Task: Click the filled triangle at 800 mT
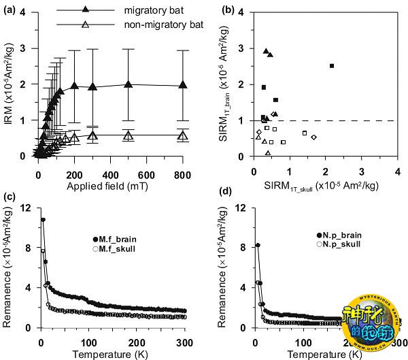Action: tap(182, 85)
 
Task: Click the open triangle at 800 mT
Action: tap(182, 136)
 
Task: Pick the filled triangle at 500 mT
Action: tap(128, 84)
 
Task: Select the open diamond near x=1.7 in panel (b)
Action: tap(313, 137)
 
